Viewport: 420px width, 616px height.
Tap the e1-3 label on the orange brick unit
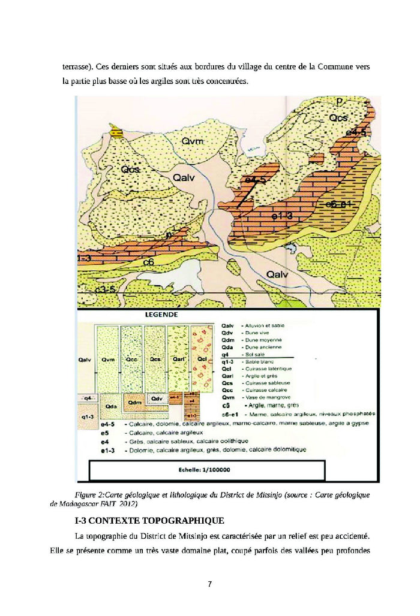point(281,216)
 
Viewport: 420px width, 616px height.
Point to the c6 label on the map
point(149,261)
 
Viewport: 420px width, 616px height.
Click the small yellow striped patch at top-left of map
point(117,134)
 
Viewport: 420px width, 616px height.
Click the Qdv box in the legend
point(157,398)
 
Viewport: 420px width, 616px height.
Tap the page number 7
point(209,584)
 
